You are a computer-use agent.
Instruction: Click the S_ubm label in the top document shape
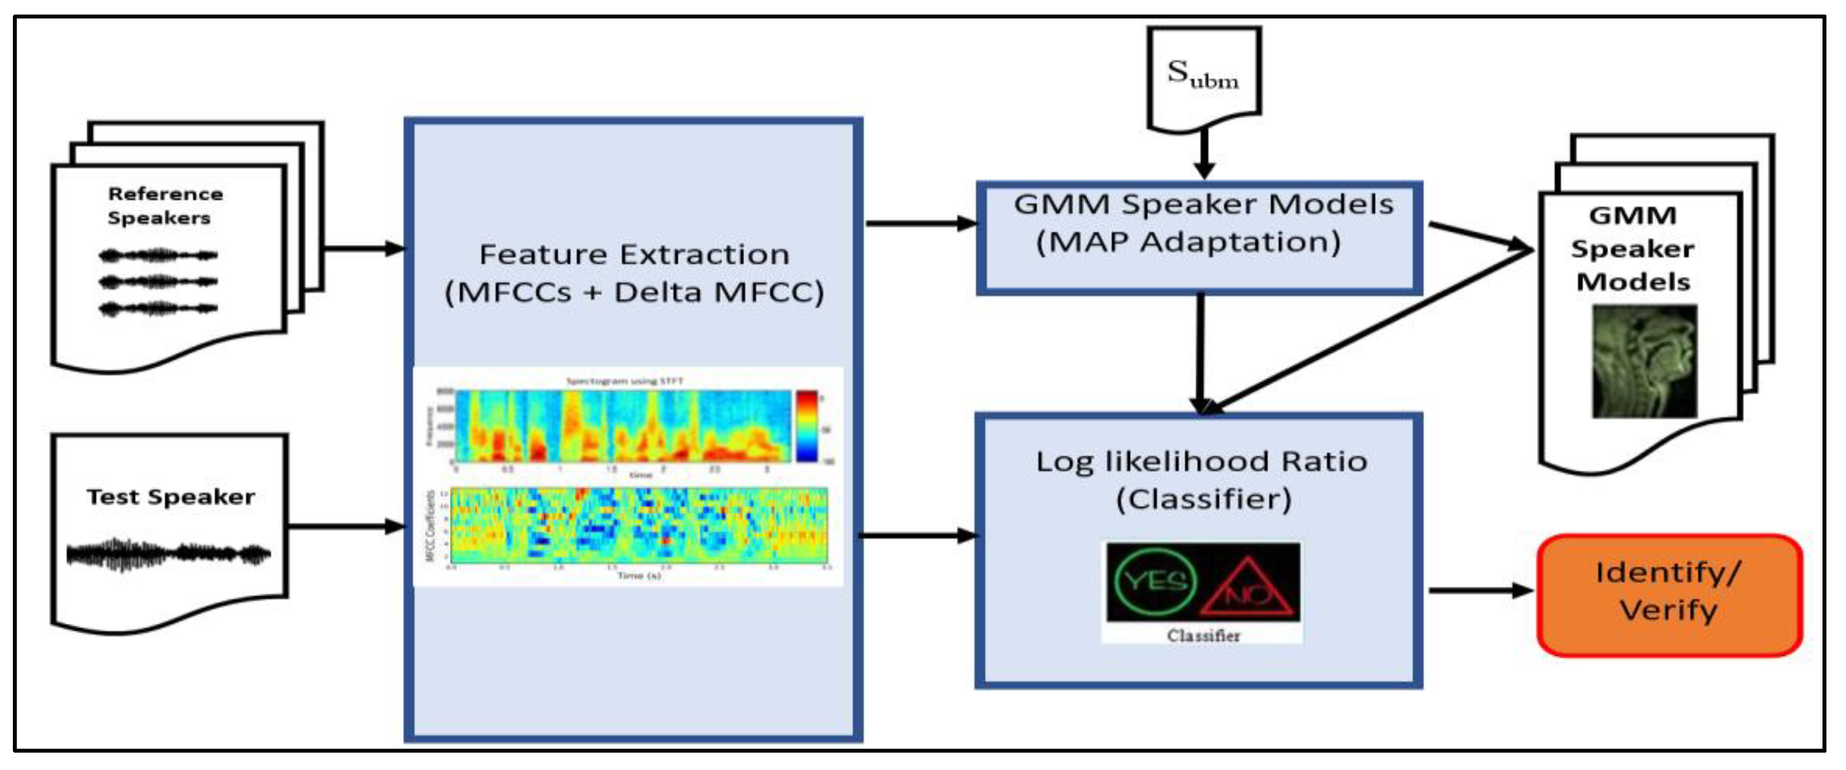pos(1203,74)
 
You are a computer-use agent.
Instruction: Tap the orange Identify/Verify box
pos(1669,594)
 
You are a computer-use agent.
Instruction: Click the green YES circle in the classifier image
pos(1155,580)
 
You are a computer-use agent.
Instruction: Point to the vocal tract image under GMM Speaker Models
pos(1644,361)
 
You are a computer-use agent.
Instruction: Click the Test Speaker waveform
pos(168,553)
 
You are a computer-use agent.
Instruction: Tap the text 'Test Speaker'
pos(171,496)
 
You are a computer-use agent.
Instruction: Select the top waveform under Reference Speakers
pos(158,254)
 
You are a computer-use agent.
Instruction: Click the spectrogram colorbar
pos(806,425)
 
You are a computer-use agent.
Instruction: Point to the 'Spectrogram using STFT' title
pos(624,381)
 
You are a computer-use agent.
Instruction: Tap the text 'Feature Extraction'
pos(633,254)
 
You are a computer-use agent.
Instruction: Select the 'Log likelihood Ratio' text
pos(1201,461)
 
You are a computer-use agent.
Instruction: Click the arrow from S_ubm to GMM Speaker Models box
pos(1204,153)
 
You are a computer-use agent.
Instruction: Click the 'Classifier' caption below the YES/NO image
pos(1203,635)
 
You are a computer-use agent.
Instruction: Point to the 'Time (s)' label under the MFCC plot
pos(638,575)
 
